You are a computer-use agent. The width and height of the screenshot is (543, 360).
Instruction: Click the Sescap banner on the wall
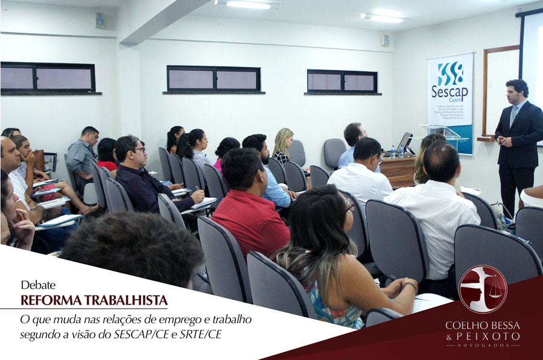[x=449, y=96]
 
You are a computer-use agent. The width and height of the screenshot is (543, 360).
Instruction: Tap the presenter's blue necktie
[x=513, y=115]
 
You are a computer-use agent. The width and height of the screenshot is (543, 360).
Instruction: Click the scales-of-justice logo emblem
[x=483, y=289]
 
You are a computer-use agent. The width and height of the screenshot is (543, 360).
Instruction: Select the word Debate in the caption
[x=38, y=285]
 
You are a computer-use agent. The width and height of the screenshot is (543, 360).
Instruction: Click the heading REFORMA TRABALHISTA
[x=94, y=300]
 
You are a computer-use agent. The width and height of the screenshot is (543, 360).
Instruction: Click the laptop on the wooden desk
[x=404, y=142]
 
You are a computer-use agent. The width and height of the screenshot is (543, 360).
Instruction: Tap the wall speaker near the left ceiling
[x=100, y=20]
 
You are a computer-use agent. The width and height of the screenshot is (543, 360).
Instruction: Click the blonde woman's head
[x=283, y=139]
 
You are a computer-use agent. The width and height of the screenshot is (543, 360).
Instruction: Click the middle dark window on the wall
[x=214, y=79]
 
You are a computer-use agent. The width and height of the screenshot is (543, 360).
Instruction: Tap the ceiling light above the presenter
[x=384, y=18]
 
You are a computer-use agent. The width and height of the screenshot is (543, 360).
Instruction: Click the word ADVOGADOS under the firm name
[x=482, y=346]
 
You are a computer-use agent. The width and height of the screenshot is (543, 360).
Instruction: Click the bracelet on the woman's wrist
[x=411, y=285]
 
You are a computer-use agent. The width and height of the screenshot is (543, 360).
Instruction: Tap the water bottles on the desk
[x=396, y=151]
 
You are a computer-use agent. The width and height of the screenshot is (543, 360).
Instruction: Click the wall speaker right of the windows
[x=384, y=40]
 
